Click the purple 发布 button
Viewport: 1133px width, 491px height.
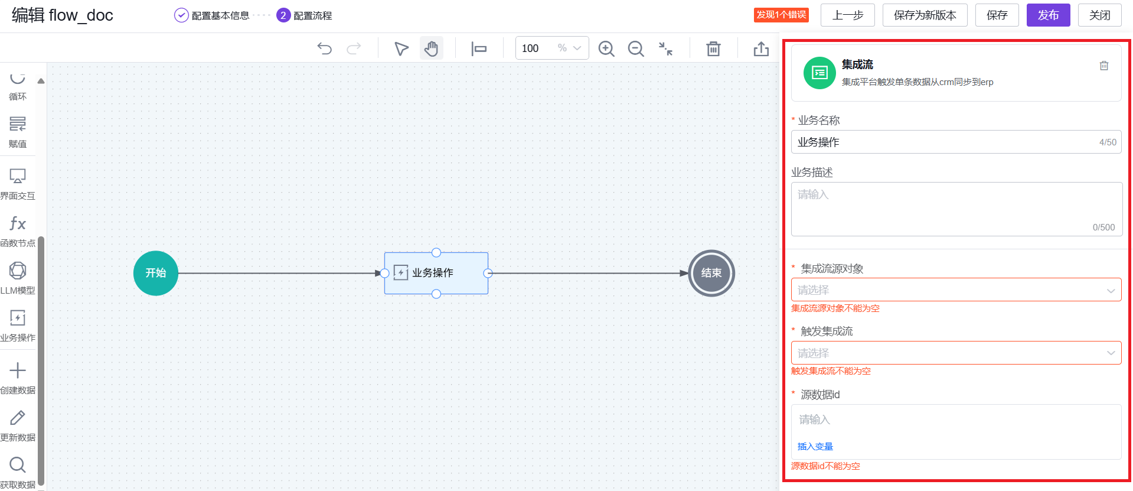(x=1048, y=15)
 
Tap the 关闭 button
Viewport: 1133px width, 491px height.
(x=1099, y=15)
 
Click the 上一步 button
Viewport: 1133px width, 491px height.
(x=848, y=15)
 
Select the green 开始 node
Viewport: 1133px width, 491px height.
(x=156, y=273)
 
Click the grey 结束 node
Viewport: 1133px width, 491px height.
(x=711, y=273)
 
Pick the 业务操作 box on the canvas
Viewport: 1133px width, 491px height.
(x=436, y=273)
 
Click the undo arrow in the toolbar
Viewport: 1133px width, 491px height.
(x=325, y=48)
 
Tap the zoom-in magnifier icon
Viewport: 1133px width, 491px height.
(x=606, y=48)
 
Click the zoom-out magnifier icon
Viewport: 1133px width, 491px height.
(x=636, y=48)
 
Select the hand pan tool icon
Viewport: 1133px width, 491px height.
(x=432, y=48)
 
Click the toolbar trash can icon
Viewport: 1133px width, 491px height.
(x=713, y=48)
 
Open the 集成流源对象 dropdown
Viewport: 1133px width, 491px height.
(x=956, y=290)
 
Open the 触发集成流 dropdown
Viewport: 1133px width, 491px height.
(x=956, y=353)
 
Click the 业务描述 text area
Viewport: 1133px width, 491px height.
(x=956, y=209)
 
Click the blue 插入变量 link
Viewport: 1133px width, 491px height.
(x=815, y=447)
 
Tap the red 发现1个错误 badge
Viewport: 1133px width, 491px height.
(x=781, y=15)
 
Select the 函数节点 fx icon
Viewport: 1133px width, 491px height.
(x=18, y=224)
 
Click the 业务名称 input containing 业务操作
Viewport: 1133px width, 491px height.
(x=945, y=142)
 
